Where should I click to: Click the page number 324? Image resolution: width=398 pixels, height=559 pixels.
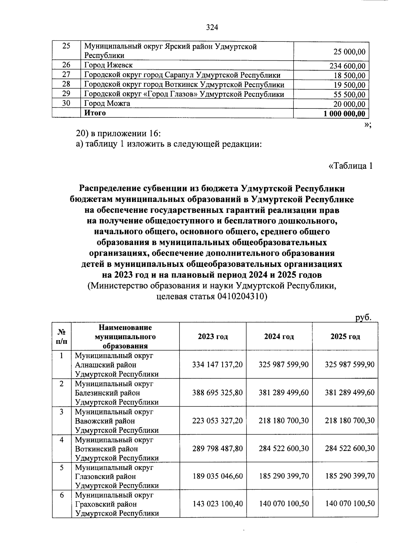click(212, 28)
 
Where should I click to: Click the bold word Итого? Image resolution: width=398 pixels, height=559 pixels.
click(95, 113)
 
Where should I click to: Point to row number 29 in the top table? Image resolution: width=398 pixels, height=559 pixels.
click(66, 94)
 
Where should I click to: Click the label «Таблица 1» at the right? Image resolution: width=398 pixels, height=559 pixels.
click(350, 165)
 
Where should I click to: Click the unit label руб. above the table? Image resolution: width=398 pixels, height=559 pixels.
click(363, 317)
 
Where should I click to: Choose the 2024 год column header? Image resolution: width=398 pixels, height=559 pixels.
click(279, 337)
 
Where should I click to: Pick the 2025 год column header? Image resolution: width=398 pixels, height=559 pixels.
click(345, 337)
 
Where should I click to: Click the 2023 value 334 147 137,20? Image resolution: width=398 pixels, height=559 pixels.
click(218, 365)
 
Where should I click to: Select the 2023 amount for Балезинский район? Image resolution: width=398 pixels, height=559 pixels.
click(218, 393)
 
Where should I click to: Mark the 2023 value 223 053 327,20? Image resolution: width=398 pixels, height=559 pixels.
click(218, 421)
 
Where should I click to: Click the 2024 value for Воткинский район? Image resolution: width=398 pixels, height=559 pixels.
click(284, 449)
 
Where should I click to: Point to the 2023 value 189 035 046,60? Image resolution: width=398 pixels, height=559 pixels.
click(218, 476)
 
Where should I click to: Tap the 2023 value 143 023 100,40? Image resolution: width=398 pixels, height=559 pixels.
click(218, 504)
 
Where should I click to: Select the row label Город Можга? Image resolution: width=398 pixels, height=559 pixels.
click(107, 103)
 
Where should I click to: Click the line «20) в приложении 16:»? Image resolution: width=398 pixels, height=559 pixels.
click(119, 134)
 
